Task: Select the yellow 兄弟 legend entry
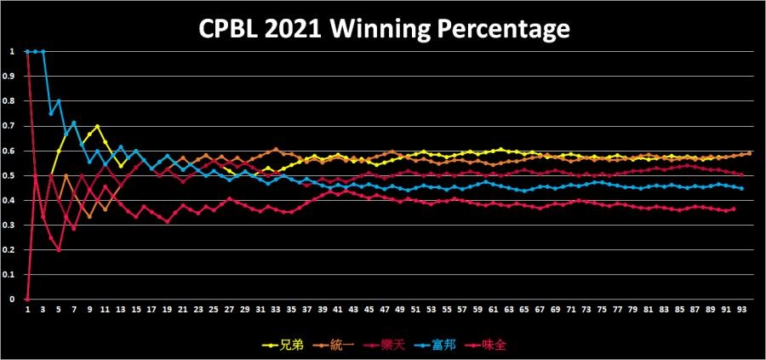pyautogui.click(x=282, y=346)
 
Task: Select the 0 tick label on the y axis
pyautogui.click(x=13, y=300)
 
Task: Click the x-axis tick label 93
pyautogui.click(x=742, y=310)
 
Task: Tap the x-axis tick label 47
pyautogui.click(x=385, y=310)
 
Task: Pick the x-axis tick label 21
pyautogui.click(x=182, y=310)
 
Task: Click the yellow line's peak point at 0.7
pyautogui.click(x=98, y=126)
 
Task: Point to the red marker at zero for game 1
pyautogui.click(x=27, y=300)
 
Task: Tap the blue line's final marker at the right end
pyautogui.click(x=741, y=188)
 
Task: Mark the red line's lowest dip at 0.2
pyautogui.click(x=59, y=250)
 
